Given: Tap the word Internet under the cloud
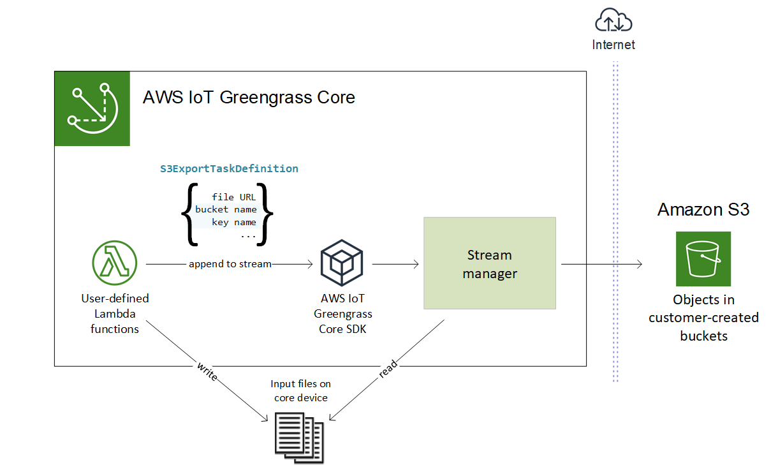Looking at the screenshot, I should coord(613,45).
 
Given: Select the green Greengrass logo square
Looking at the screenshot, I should coord(92,109).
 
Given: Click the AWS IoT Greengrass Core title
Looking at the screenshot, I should coord(249,98).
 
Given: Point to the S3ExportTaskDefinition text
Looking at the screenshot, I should coord(229,169).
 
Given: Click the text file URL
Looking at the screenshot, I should coord(233,197).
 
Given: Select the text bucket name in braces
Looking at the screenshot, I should coord(226,209).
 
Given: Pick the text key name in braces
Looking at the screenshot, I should coord(233,222).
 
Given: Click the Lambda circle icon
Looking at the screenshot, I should coord(115,263).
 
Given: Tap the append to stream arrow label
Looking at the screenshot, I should coord(230,263).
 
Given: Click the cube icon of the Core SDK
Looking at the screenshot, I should coord(342,263).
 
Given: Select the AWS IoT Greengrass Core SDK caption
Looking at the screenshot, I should coord(342,314).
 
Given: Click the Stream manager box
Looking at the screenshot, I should coord(490,263).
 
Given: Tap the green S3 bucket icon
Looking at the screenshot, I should coord(703,259).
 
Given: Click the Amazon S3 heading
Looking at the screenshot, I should coord(703,210).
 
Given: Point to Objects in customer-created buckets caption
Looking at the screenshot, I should coord(703,318).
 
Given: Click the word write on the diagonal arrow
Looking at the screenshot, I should coord(207,371).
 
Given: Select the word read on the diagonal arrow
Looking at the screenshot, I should coord(388,369).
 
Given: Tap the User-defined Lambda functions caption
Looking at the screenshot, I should coord(115,313).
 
